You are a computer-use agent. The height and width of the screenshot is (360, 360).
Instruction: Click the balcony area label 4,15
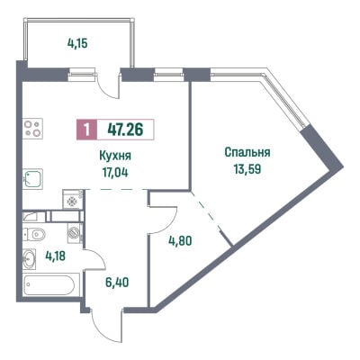pyautogui.click(x=77, y=44)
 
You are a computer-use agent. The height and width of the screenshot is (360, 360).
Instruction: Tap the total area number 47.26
pyautogui.click(x=125, y=130)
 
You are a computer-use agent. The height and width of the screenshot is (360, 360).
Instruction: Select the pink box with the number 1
pyautogui.click(x=86, y=130)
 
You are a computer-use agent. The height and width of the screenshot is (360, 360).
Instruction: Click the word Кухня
pyautogui.click(x=115, y=157)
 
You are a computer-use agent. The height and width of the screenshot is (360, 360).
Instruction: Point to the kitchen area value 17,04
pyautogui.click(x=115, y=173)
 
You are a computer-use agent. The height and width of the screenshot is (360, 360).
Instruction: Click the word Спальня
pyautogui.click(x=247, y=152)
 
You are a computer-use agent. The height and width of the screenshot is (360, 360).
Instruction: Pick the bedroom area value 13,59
pyautogui.click(x=247, y=169)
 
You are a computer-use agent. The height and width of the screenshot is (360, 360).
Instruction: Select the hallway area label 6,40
pyautogui.click(x=117, y=282)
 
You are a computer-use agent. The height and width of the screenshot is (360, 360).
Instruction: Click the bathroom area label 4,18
pyautogui.click(x=56, y=256)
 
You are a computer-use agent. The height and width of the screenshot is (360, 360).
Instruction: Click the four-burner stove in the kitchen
pyautogui.click(x=32, y=129)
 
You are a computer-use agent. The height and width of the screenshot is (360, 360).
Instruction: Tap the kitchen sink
pyautogui.click(x=32, y=178)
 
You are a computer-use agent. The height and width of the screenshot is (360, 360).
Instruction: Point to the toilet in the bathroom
pyautogui.click(x=34, y=234)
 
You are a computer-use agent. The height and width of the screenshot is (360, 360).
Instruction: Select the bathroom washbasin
pyautogui.click(x=30, y=258)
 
